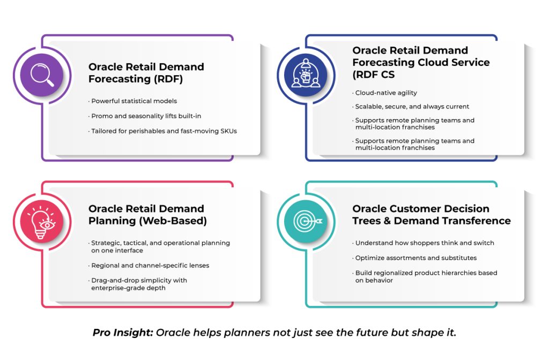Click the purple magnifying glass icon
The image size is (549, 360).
[x=42, y=75]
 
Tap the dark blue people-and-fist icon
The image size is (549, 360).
[x=306, y=75]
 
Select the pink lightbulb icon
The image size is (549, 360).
[x=42, y=222]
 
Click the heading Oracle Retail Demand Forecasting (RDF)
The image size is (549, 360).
[x=146, y=73]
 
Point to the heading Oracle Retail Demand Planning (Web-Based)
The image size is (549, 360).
[x=147, y=215]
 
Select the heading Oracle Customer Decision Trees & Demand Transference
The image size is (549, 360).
[x=432, y=215]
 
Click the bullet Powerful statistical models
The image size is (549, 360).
[x=133, y=101]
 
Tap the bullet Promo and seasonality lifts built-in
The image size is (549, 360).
[x=145, y=116]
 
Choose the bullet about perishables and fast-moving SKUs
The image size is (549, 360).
[x=163, y=131]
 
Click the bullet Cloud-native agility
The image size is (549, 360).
[x=385, y=93]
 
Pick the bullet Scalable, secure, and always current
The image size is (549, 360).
[x=411, y=107]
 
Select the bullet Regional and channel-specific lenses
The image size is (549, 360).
[x=149, y=266]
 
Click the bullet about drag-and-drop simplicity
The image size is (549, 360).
[x=138, y=284]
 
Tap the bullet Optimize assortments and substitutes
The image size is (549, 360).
[x=414, y=258]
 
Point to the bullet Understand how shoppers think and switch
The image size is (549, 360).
[x=424, y=243]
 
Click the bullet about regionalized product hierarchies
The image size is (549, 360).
[x=425, y=277]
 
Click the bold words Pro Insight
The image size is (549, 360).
[x=123, y=332]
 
